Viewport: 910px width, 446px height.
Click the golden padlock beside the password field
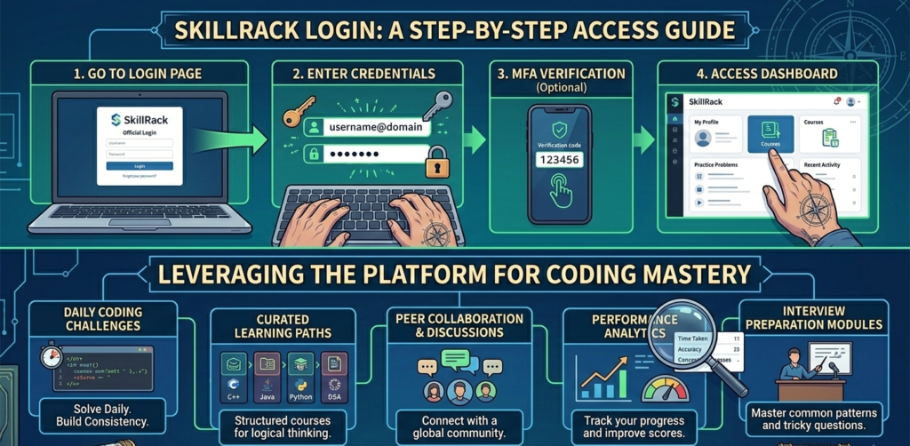tap(436, 163)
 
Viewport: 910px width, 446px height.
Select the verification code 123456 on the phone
tap(560, 161)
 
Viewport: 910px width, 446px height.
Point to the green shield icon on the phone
tap(560, 130)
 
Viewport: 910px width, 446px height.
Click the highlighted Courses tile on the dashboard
tap(770, 134)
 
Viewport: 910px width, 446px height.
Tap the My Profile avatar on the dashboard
tap(703, 138)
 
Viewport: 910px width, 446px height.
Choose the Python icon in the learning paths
tap(301, 372)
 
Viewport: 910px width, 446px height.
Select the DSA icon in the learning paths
tap(333, 372)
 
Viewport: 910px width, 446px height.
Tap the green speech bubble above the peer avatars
tap(455, 359)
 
